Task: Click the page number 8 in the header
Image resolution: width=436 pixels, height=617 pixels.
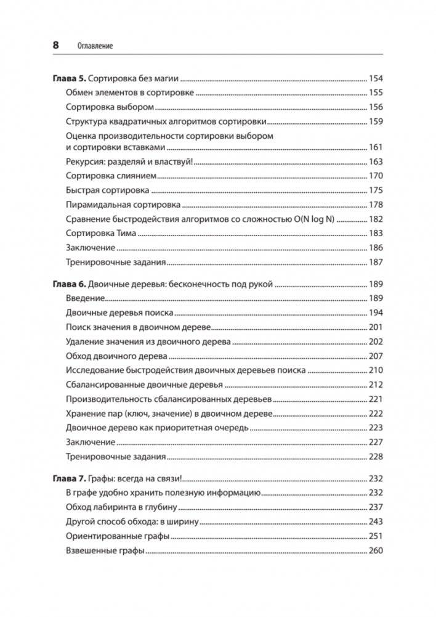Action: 55,45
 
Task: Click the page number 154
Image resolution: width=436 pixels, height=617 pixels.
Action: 375,78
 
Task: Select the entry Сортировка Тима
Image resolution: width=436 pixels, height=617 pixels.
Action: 100,234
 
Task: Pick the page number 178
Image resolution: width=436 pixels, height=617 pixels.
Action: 375,205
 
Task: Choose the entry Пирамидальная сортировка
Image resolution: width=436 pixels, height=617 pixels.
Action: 123,205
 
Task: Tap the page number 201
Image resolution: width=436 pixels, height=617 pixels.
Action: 375,327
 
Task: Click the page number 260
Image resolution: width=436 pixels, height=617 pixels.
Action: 375,550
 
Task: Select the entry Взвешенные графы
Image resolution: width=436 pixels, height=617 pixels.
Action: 104,550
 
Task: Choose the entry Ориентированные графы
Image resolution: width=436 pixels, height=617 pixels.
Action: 116,536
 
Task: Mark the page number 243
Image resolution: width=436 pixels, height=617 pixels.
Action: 375,521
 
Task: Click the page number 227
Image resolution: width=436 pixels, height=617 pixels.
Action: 375,443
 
